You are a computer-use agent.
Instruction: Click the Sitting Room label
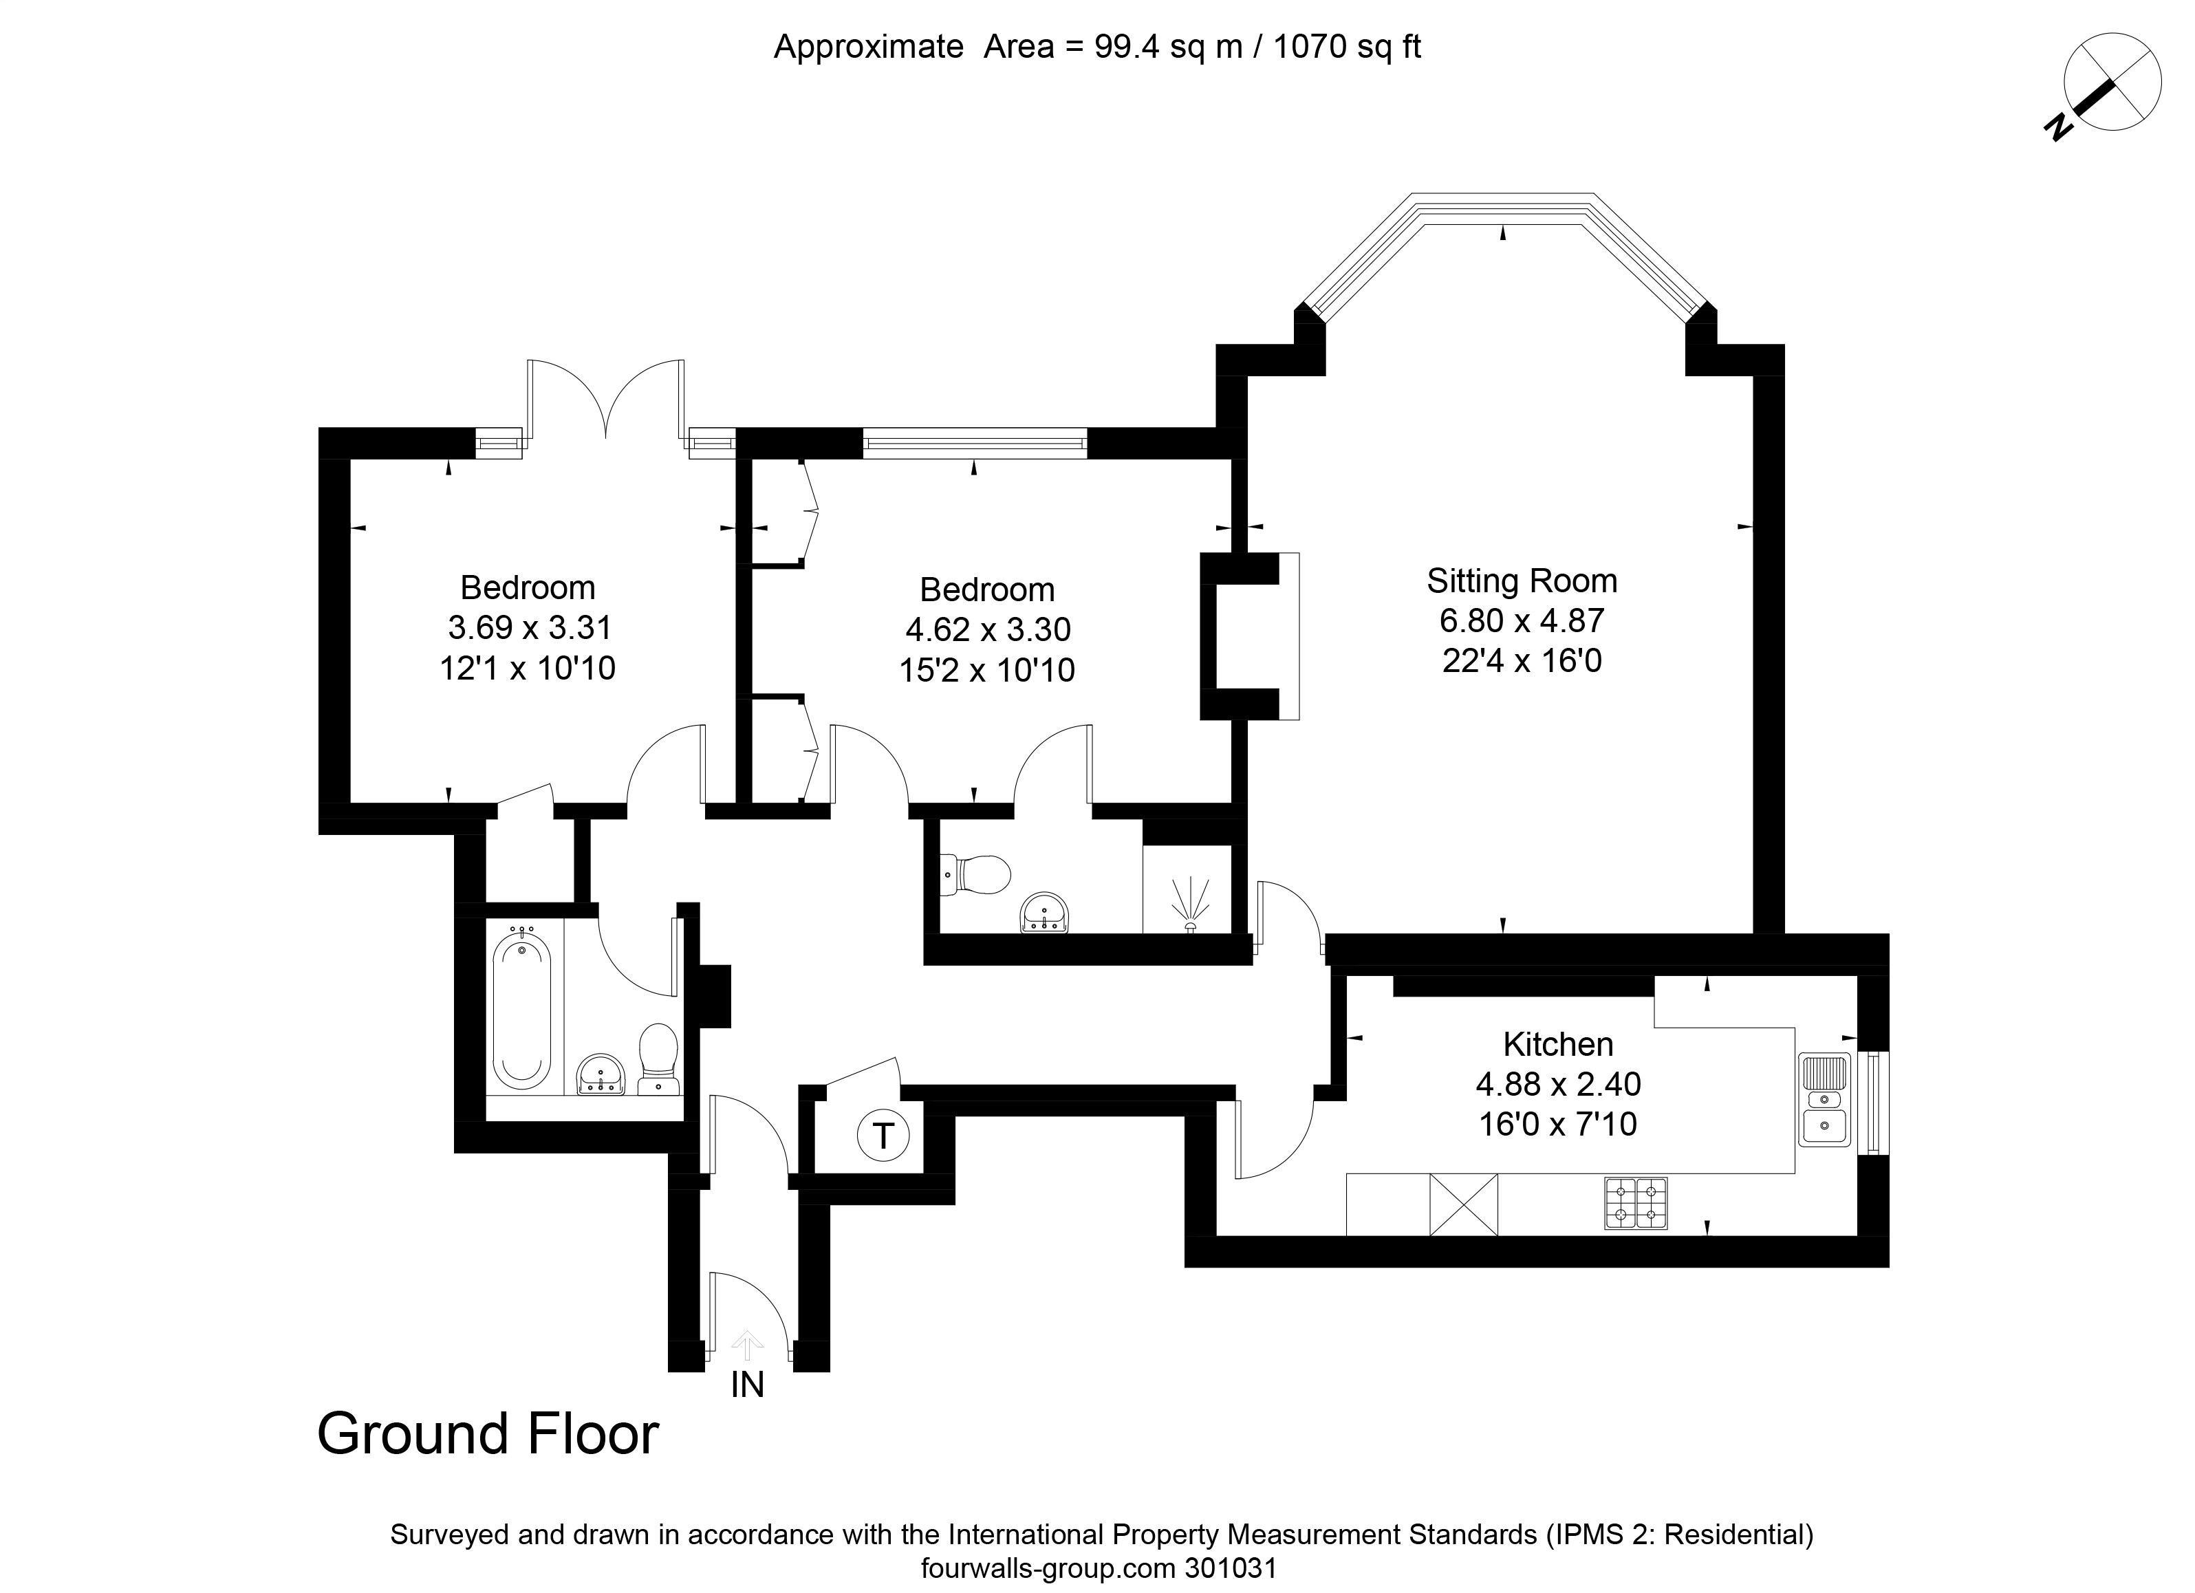point(1522,581)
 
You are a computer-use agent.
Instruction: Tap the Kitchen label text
point(1558,1044)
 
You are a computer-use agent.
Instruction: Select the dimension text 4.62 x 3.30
point(988,630)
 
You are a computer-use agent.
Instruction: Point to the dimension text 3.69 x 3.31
point(530,628)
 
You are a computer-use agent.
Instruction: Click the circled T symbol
point(883,1135)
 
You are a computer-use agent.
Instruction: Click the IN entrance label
point(747,1385)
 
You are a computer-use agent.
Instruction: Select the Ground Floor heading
point(488,1434)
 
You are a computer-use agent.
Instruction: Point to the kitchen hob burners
point(1636,1203)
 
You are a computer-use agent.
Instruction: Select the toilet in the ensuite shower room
point(975,875)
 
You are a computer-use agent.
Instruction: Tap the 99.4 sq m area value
point(1168,47)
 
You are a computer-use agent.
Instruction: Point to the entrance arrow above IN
point(746,1345)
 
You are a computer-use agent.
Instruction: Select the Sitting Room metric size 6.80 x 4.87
point(1522,620)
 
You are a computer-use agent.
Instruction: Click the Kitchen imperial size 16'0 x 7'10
point(1558,1124)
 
